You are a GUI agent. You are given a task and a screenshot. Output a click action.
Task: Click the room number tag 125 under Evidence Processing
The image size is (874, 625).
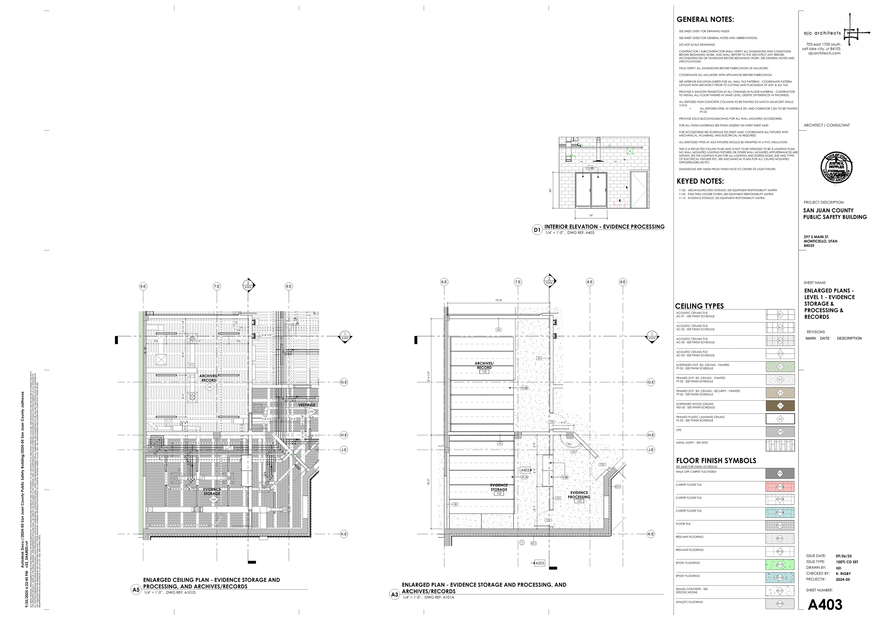tap(578, 501)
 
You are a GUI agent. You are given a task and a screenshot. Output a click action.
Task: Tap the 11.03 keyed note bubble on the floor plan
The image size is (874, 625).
tap(524, 388)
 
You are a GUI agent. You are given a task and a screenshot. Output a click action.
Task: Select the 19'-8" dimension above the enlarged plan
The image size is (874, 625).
tap(499, 300)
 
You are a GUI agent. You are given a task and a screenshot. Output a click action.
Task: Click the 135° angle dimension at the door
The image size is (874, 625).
tap(569, 444)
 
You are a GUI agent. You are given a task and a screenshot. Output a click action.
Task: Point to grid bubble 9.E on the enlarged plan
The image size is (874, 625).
tap(623, 282)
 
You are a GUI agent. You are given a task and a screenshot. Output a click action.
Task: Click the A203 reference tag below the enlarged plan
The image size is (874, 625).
tap(539, 563)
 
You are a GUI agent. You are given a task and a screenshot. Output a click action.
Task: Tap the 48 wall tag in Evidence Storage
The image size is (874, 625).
tap(455, 504)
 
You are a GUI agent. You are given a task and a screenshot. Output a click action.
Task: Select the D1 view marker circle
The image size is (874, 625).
tap(537, 230)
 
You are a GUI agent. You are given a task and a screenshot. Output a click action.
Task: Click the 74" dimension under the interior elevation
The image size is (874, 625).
tap(590, 216)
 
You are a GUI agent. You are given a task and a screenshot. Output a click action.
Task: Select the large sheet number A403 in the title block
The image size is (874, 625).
tap(825, 605)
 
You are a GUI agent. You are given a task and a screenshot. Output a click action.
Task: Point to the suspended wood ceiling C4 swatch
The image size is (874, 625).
tap(780, 406)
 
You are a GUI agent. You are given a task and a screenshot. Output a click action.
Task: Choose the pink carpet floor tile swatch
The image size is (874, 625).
tap(780, 486)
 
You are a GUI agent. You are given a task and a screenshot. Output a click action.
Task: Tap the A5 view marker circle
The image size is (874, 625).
tap(136, 590)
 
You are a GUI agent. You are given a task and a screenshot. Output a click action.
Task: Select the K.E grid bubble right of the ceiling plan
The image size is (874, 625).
tap(344, 534)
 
